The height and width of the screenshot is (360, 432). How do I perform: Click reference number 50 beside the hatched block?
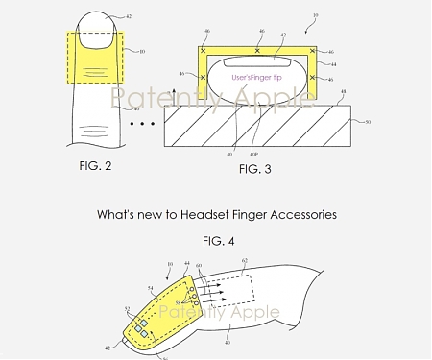366,121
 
